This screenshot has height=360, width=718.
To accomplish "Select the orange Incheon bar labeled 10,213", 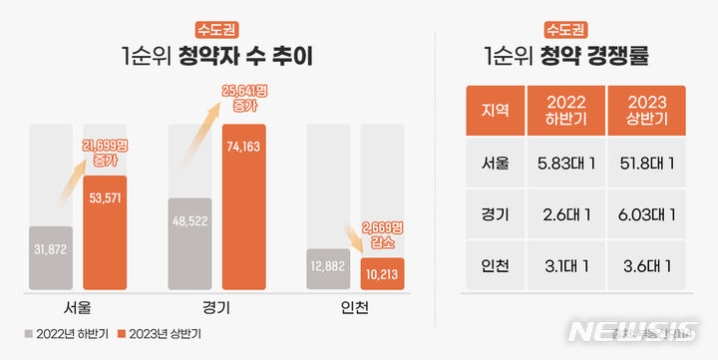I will tap(382, 274).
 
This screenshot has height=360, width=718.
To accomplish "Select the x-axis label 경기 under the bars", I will tap(215, 306).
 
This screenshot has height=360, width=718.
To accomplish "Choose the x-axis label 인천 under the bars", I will tap(354, 306).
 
